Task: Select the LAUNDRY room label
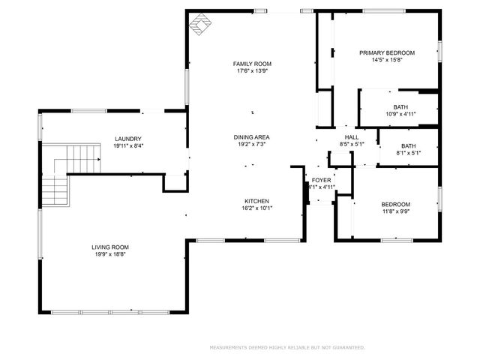[x=127, y=139]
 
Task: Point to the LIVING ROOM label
[x=110, y=247]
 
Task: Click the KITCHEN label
[x=256, y=201]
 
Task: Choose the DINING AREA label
[x=251, y=137]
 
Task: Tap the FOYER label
[x=321, y=180]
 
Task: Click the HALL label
[x=351, y=137]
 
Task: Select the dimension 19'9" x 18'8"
[x=110, y=255]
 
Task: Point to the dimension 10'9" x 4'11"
[x=400, y=114]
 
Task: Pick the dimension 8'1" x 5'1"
[x=408, y=153]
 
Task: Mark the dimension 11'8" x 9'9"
[x=395, y=212]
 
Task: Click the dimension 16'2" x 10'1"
[x=256, y=208]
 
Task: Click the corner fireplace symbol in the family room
[x=199, y=25]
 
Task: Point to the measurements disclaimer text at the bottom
[x=286, y=347]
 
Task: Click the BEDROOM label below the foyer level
[x=395, y=205]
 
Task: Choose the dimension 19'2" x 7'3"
[x=251, y=145]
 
